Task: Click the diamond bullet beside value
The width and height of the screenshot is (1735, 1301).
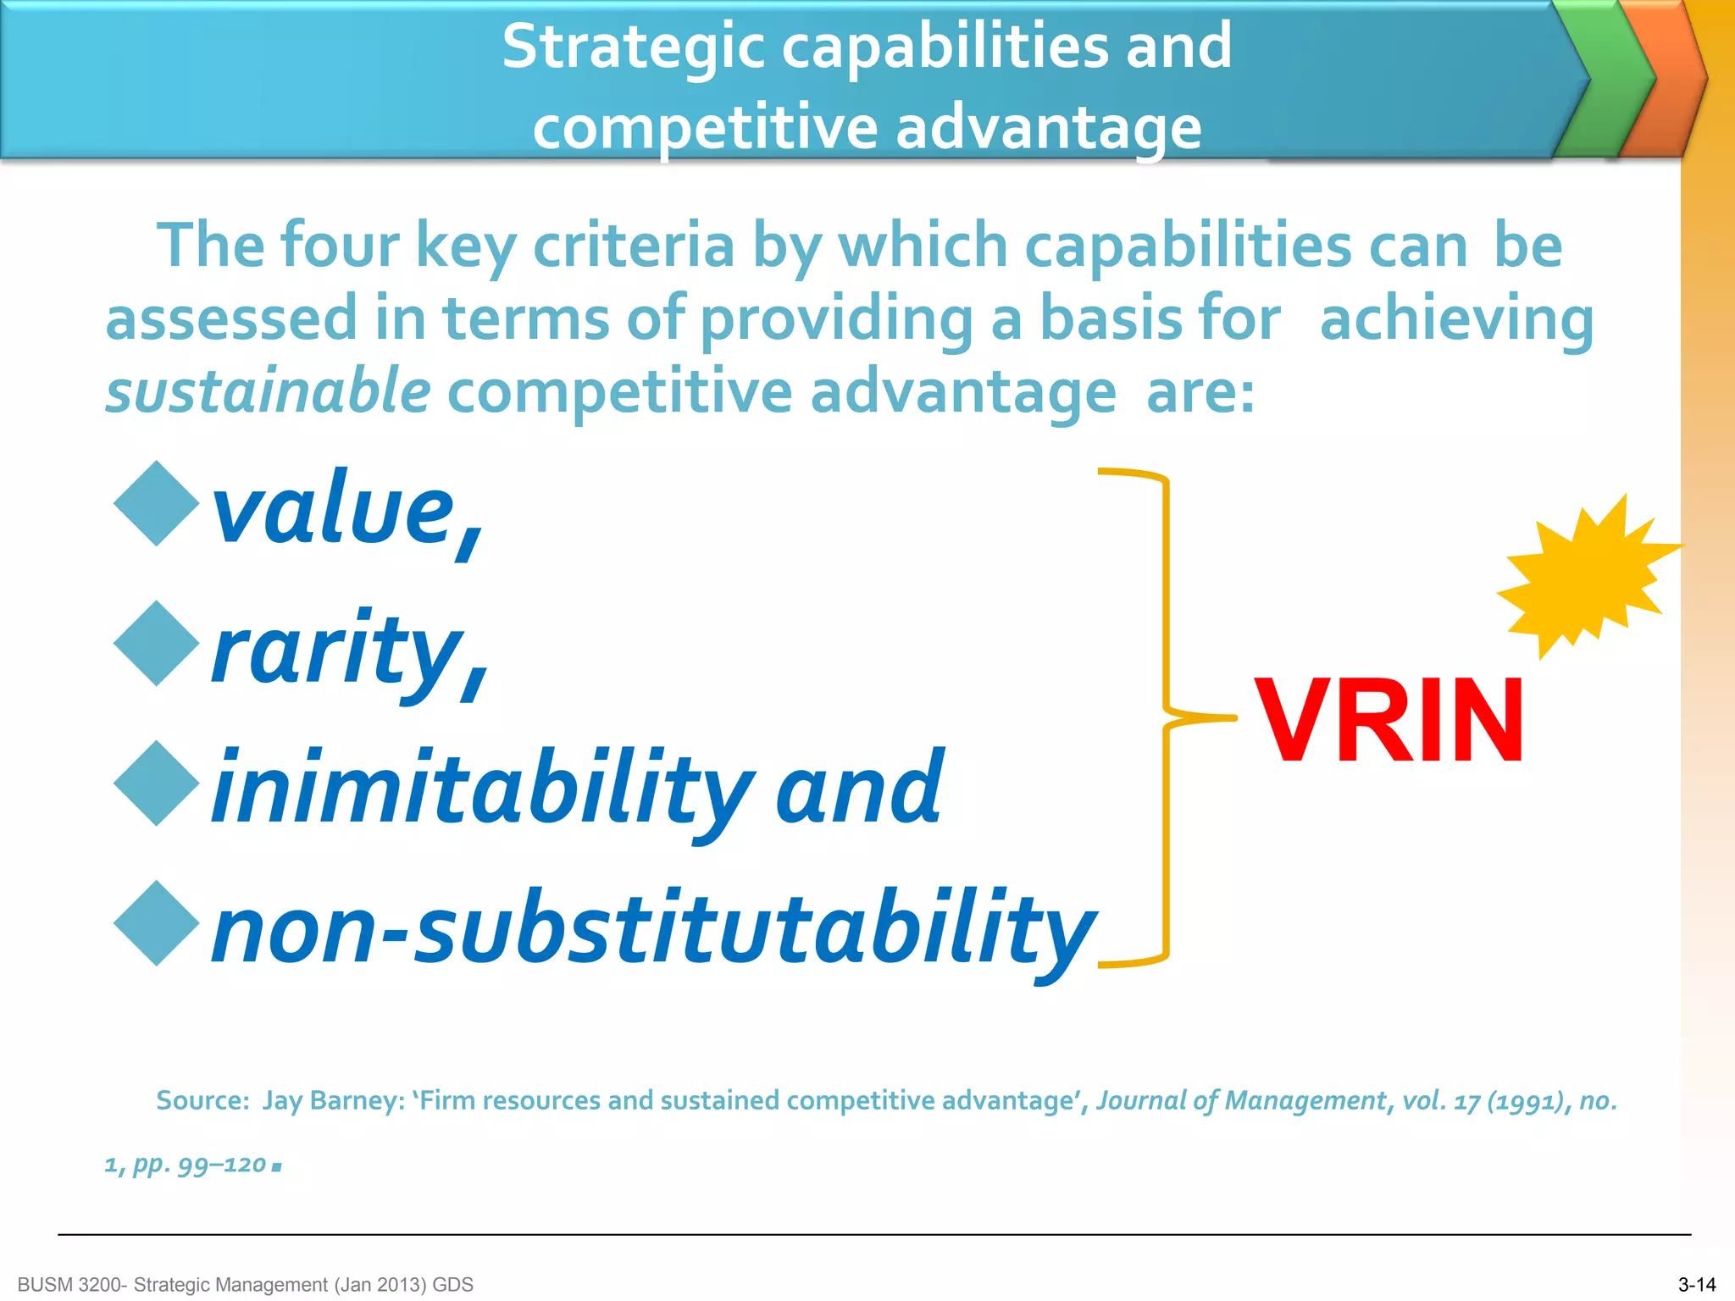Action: click(x=157, y=503)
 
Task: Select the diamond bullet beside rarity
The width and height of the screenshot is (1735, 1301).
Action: click(x=157, y=644)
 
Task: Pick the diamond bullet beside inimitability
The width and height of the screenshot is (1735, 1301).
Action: click(x=157, y=783)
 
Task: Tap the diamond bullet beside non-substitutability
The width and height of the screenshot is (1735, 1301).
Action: click(x=157, y=923)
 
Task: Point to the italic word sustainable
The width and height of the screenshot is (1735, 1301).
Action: click(x=268, y=391)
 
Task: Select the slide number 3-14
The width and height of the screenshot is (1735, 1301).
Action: click(x=1696, y=1285)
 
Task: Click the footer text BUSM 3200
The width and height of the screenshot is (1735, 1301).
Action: click(x=72, y=1285)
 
